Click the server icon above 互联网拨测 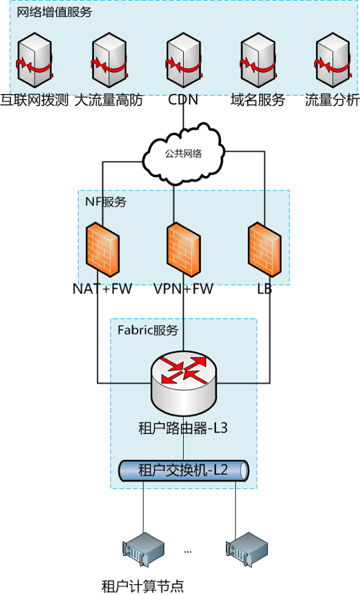pos(35,60)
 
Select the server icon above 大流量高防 pos(109,60)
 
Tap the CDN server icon pos(184,60)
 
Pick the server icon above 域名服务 pos(258,60)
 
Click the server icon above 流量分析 pos(333,60)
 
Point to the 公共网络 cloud pos(184,153)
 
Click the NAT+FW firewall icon pos(103,250)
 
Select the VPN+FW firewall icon pos(184,250)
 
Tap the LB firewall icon pos(265,250)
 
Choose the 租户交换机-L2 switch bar pos(184,471)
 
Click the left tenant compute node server pos(143,549)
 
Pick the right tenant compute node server pos(247,549)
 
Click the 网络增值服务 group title pos(54,12)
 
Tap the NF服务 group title pos(106,201)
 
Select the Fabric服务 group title pos(148,330)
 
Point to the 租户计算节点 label pos(142,586)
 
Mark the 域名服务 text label pos(257,100)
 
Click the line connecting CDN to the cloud pos(184,117)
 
